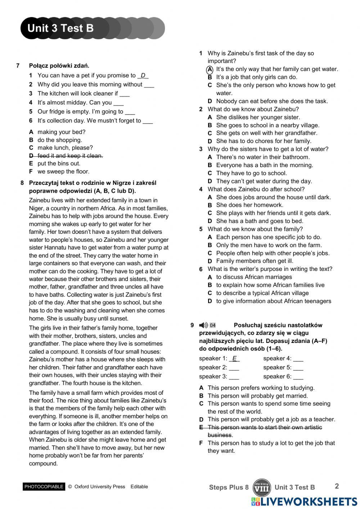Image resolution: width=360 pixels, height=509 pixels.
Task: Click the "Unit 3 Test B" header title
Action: tap(60, 28)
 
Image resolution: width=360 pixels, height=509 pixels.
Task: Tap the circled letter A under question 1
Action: tap(210, 69)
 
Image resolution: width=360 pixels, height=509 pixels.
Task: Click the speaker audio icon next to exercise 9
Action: tap(204, 325)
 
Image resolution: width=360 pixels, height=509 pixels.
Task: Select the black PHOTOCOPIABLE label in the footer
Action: tap(44, 487)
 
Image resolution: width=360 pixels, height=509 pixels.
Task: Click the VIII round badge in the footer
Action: tap(262, 488)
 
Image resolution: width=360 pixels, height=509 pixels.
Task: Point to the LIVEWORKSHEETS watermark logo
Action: tap(304, 502)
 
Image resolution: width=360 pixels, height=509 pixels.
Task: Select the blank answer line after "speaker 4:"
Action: tap(298, 359)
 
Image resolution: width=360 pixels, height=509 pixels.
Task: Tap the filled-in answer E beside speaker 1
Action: tap(234, 358)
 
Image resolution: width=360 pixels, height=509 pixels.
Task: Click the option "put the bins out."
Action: tap(59, 164)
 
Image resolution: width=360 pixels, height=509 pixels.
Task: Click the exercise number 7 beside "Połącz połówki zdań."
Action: tap(18, 66)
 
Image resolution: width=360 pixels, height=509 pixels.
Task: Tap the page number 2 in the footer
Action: tap(337, 486)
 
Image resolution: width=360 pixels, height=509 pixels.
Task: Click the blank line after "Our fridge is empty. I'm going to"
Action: tap(130, 112)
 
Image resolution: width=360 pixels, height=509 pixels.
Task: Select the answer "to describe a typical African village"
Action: tap(262, 293)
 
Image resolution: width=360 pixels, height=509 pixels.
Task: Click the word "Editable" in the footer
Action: tap(139, 487)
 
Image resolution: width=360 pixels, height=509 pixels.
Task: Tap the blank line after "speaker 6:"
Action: tap(298, 377)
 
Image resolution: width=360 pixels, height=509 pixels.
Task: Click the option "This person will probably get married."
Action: tap(257, 396)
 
